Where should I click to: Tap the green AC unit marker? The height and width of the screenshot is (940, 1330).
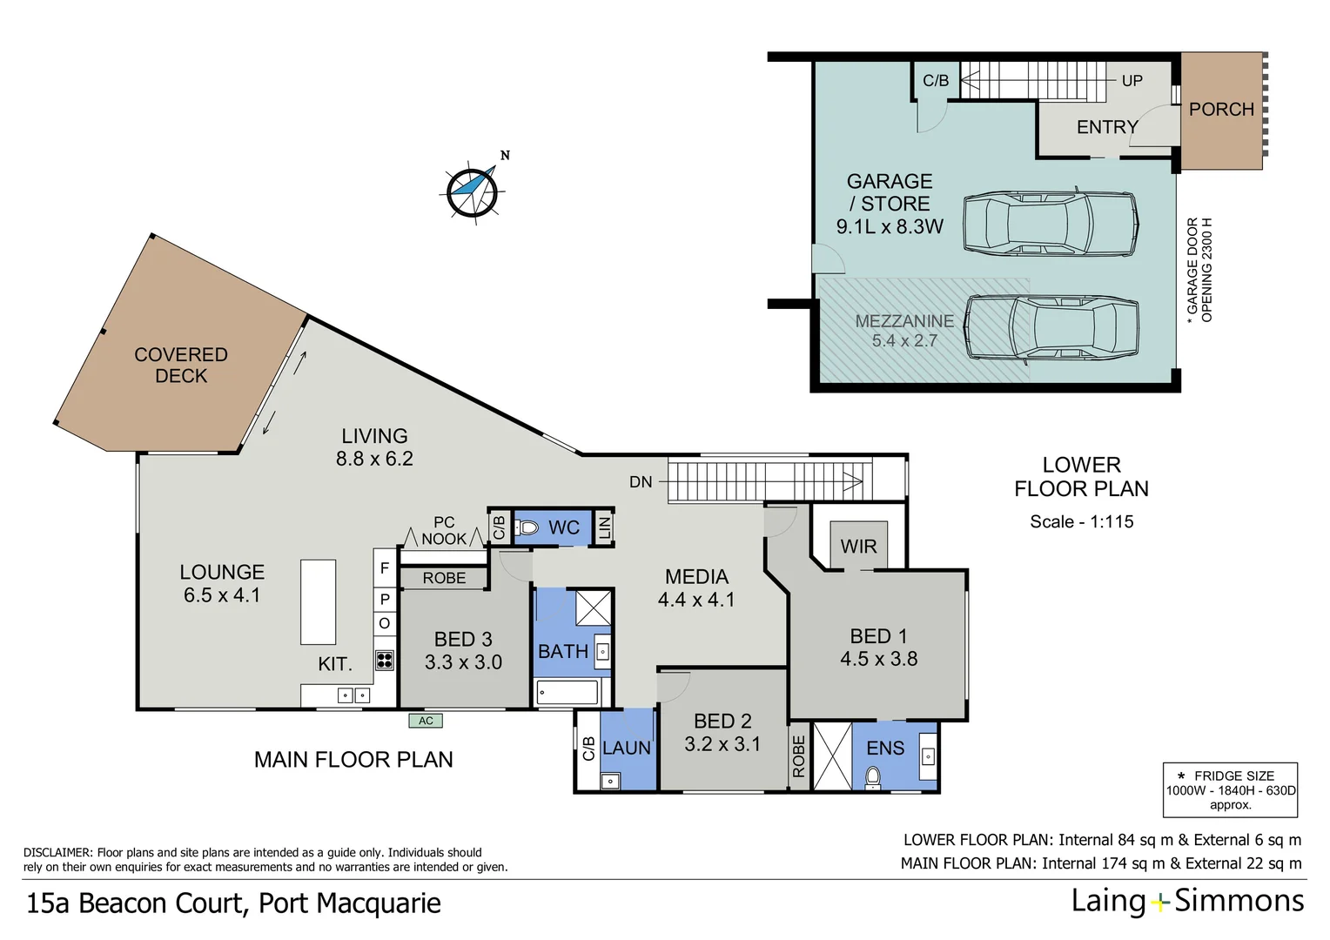[x=426, y=721]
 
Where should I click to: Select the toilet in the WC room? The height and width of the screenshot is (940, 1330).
[x=527, y=527]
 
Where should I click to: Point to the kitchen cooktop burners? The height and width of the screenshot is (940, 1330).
[x=385, y=660]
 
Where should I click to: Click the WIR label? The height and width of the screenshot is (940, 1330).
[x=858, y=546]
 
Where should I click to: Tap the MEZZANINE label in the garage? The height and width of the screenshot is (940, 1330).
[x=904, y=321]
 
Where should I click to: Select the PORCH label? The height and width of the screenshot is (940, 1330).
[x=1221, y=110]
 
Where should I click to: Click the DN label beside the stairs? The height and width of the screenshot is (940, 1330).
[x=641, y=482]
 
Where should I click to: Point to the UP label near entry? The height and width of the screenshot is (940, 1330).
[x=1132, y=81]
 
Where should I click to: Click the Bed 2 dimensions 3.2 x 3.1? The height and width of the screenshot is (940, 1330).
[x=722, y=744]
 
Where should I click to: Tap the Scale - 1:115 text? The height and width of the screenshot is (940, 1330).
[x=1081, y=521]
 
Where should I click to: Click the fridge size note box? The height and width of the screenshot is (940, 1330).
[x=1230, y=789]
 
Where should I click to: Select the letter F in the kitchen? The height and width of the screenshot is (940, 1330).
[x=385, y=568]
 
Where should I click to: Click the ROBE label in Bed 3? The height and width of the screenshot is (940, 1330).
[x=444, y=578]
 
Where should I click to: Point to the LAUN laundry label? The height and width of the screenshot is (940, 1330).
[x=627, y=748]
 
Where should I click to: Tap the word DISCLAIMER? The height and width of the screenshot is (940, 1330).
[x=57, y=853]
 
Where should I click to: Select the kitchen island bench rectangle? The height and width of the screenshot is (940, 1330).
[x=319, y=601]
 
